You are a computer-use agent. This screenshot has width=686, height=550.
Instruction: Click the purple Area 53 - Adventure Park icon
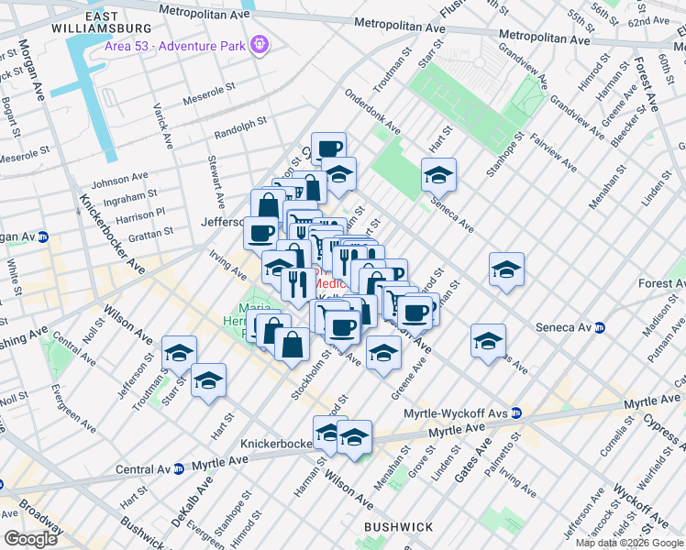point(260,43)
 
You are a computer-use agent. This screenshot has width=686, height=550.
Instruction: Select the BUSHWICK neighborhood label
point(398,527)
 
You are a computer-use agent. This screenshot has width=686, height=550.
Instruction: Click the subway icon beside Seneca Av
point(601,327)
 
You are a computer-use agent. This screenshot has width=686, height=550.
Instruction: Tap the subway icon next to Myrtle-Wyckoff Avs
point(517,413)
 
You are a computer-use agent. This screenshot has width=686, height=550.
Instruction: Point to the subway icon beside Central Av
point(179,468)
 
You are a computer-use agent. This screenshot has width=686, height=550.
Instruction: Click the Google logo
point(31,539)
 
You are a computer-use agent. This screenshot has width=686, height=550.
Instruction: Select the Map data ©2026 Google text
point(629,543)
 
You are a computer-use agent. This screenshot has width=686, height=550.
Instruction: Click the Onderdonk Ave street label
point(372,112)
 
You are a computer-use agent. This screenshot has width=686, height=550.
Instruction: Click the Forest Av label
point(664,283)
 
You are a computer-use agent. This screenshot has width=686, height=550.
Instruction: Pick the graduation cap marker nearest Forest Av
point(506,269)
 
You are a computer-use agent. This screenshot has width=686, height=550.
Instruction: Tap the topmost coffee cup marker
point(328,148)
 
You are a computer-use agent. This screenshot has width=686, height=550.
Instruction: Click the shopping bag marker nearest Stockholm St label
point(292,345)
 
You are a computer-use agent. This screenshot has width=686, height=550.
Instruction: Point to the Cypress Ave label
point(659,428)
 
